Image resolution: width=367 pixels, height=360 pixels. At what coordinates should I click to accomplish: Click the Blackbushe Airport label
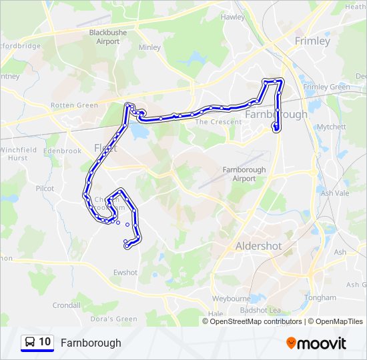pos(104,37)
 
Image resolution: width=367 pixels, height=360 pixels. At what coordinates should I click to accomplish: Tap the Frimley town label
pos(312,41)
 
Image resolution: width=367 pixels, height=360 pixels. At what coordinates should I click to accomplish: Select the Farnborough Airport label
pos(244,174)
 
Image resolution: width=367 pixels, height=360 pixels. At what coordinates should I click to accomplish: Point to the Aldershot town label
pos(258,246)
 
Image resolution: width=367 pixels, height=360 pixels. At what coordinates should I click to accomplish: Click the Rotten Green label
pos(74,105)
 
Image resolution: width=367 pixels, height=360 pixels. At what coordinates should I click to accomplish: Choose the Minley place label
pos(149,48)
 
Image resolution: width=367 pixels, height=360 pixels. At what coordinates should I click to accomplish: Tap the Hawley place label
pos(233,17)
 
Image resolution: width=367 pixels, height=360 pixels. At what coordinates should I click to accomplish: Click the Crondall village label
pos(67,305)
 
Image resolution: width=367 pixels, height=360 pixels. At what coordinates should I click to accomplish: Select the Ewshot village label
pos(125,272)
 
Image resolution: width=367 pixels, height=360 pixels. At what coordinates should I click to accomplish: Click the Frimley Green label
pos(326,87)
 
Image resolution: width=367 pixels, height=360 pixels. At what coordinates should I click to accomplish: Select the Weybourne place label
pos(230,299)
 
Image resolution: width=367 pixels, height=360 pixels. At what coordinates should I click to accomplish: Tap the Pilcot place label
pos(45,189)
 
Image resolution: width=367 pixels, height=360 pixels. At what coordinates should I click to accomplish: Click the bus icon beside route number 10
pos(31,343)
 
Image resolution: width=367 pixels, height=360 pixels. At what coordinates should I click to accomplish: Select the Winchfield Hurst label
pos(18,155)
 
